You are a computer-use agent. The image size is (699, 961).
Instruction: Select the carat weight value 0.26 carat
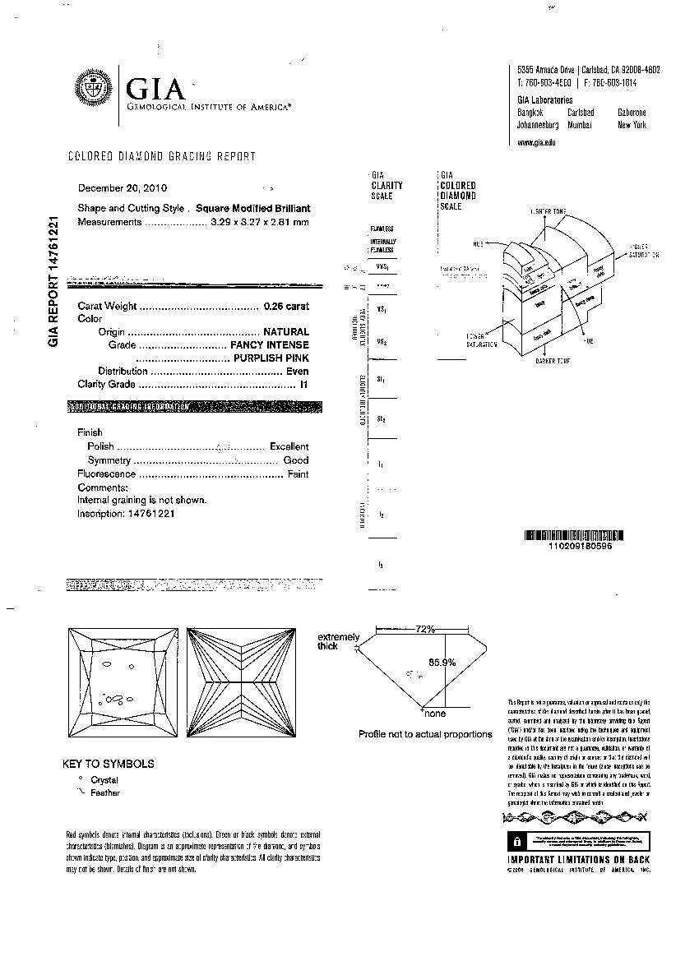(286, 306)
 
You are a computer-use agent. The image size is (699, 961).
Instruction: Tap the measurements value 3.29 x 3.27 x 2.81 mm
(257, 222)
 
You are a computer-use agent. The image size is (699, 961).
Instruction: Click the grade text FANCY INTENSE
(270, 345)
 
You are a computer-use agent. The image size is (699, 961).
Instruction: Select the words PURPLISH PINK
(271, 358)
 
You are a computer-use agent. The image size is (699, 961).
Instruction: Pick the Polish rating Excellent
(289, 446)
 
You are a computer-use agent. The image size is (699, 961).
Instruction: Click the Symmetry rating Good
(296, 460)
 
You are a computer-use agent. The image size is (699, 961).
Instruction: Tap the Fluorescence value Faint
(298, 474)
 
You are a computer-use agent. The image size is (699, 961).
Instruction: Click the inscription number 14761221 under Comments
(150, 513)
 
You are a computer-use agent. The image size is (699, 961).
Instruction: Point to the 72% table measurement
(424, 629)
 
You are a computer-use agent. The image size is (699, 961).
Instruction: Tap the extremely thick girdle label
(338, 641)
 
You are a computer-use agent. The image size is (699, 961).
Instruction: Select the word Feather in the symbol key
(105, 792)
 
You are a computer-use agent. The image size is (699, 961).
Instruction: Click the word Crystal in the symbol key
(104, 779)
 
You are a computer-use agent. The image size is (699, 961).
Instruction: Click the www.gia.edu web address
(536, 142)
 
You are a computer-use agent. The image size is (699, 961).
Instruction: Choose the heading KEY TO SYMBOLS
(109, 764)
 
